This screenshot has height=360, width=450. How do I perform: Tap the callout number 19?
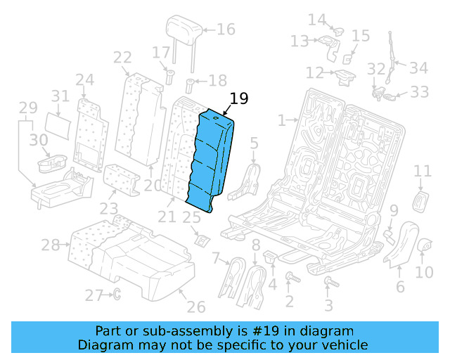click(239, 98)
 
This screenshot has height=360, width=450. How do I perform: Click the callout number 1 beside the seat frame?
click(281, 121)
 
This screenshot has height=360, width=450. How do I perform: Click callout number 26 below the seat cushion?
click(196, 307)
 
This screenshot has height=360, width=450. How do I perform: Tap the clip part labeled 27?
click(117, 295)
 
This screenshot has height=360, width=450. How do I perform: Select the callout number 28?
click(50, 245)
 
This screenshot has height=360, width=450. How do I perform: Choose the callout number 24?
click(84, 79)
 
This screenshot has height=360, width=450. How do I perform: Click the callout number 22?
click(122, 58)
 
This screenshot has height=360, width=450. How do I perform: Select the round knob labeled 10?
click(424, 245)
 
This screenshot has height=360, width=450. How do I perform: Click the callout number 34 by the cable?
click(418, 67)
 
